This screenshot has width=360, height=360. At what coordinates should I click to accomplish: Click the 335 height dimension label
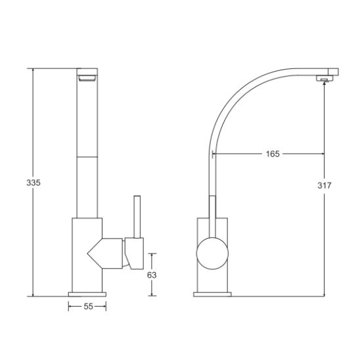point(34,183)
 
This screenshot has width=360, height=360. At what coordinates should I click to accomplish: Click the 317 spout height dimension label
point(325,185)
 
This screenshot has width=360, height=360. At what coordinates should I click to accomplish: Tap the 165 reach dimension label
point(273,154)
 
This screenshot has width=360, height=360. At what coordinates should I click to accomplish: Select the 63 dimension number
point(152,275)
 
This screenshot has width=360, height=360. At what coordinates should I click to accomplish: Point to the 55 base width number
point(89,307)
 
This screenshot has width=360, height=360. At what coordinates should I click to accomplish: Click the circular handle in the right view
point(212,253)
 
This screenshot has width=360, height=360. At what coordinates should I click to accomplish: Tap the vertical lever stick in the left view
point(137,217)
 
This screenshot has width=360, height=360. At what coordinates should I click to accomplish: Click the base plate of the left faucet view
point(87,294)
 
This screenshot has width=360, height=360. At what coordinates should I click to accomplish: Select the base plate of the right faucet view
point(212,294)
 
